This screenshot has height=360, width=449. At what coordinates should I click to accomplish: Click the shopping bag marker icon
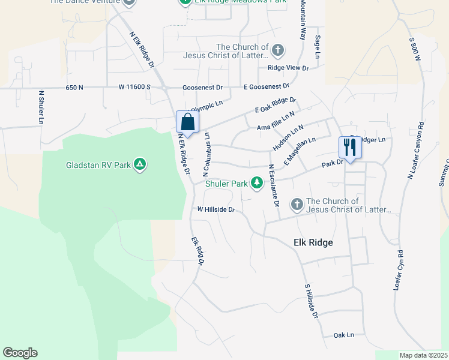pos(187,122)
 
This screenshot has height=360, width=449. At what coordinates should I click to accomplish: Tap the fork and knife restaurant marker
pos(349,148)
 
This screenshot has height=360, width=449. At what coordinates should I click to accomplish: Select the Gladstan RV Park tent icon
pos(139,164)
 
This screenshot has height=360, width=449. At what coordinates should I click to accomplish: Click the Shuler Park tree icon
pos(257,182)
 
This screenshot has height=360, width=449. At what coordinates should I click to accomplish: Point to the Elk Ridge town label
pos(313,242)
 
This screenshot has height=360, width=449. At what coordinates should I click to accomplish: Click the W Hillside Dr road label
pos(215,209)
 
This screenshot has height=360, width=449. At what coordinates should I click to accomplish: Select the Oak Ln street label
pos(343,335)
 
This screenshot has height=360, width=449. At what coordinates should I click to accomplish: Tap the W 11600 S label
pos(134,88)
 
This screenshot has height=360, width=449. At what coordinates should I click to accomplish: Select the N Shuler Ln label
pos(41,109)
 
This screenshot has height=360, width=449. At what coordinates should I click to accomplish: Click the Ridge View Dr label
pos(288,68)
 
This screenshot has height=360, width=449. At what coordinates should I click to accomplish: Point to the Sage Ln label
pos(317,46)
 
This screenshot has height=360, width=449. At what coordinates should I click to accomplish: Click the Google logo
pos(20,353)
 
